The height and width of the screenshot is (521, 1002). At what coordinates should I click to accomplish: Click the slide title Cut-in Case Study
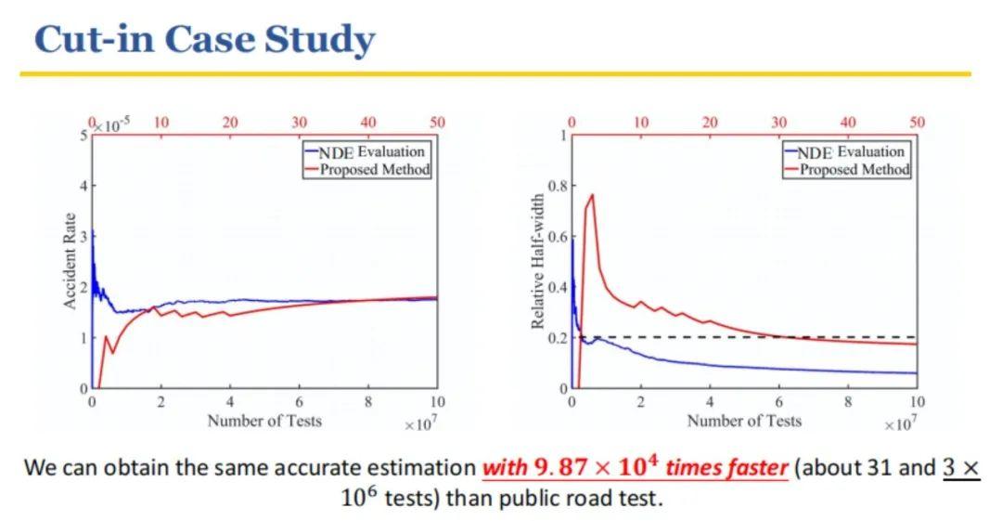tap(204, 40)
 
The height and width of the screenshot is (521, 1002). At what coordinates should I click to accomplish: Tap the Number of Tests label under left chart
tap(264, 420)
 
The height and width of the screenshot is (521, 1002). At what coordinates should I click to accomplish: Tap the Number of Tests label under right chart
tap(744, 420)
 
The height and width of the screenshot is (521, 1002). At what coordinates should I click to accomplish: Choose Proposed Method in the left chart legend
tap(375, 169)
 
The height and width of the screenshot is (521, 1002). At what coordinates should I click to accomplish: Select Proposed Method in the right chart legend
tap(854, 169)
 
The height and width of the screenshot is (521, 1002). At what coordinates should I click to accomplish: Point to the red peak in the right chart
tap(592, 195)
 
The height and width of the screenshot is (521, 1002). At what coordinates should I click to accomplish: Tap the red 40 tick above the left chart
tap(368, 123)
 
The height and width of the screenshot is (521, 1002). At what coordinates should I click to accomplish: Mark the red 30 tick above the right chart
tap(778, 123)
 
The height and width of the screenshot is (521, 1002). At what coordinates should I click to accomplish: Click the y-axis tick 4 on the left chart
tap(83, 187)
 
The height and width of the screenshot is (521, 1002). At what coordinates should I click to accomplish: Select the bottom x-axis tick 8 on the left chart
tap(368, 402)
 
